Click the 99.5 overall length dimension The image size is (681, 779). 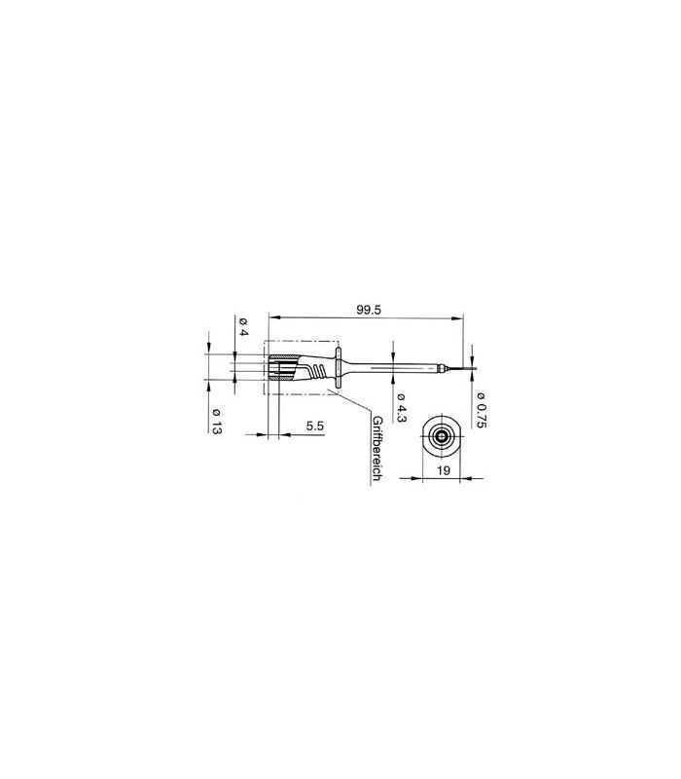(x=369, y=310)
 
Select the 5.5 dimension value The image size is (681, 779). (x=314, y=426)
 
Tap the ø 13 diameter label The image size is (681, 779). (x=216, y=422)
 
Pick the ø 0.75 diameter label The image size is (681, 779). (x=481, y=409)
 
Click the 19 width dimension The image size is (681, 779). (x=444, y=470)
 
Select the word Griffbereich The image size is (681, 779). (x=376, y=448)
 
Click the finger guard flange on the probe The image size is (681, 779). (x=339, y=368)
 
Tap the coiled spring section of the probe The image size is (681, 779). (x=319, y=369)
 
